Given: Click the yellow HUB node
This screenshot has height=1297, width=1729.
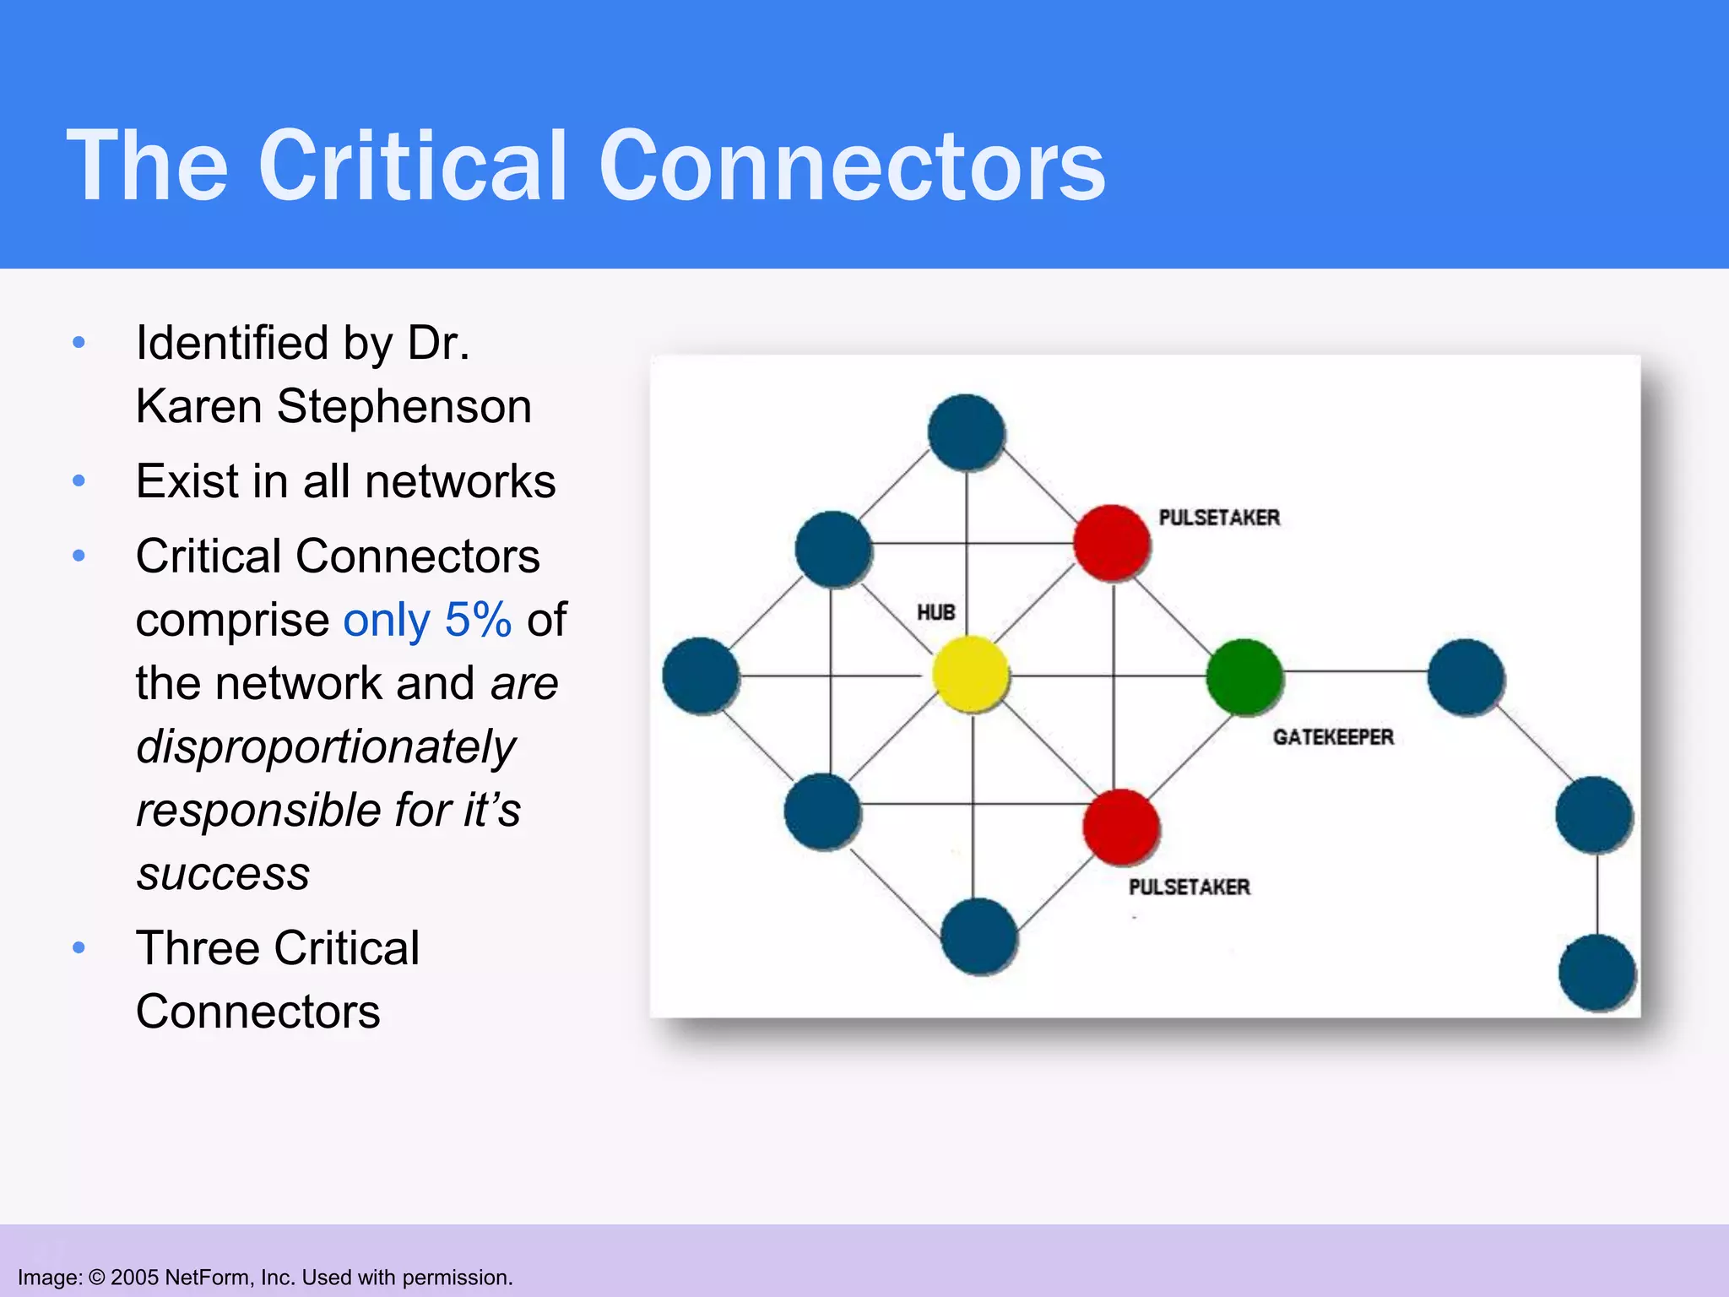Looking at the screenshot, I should [971, 674].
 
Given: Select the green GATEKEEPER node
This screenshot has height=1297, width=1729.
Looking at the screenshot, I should [1244, 676].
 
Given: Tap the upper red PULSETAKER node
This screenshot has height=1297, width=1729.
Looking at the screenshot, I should [1111, 543].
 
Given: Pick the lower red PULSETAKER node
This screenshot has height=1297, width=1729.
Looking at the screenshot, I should [1120, 827].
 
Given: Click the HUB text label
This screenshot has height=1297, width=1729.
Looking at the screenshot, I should [935, 612].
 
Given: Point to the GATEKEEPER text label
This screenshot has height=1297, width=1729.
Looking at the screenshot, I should [1333, 737].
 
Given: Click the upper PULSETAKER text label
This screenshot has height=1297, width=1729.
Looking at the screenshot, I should [1218, 518].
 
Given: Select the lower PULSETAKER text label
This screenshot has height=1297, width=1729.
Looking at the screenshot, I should [1189, 887].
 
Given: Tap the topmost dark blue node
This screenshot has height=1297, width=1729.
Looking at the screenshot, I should [966, 431].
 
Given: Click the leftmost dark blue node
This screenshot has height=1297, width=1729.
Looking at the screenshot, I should [700, 676].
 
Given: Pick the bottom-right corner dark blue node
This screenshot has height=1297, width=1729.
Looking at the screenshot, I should [1596, 972].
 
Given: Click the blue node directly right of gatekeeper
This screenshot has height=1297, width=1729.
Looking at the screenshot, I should [1466, 676].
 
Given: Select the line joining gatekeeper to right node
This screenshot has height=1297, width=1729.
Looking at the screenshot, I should [1355, 672].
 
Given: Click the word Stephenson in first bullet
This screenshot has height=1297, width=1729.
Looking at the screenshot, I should [404, 406].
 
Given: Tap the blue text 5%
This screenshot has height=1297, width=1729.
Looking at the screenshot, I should [478, 620].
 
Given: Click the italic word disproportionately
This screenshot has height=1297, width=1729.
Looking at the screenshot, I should [326, 746].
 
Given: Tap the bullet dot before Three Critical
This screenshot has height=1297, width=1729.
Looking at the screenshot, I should [79, 947].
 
